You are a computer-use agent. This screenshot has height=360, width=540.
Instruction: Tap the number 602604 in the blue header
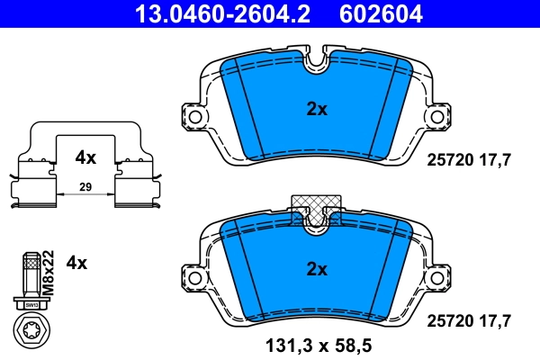click(379, 13)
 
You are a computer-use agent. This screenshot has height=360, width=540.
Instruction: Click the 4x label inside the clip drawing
click(85, 157)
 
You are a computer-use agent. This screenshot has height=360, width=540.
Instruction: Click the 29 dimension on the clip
click(85, 186)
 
